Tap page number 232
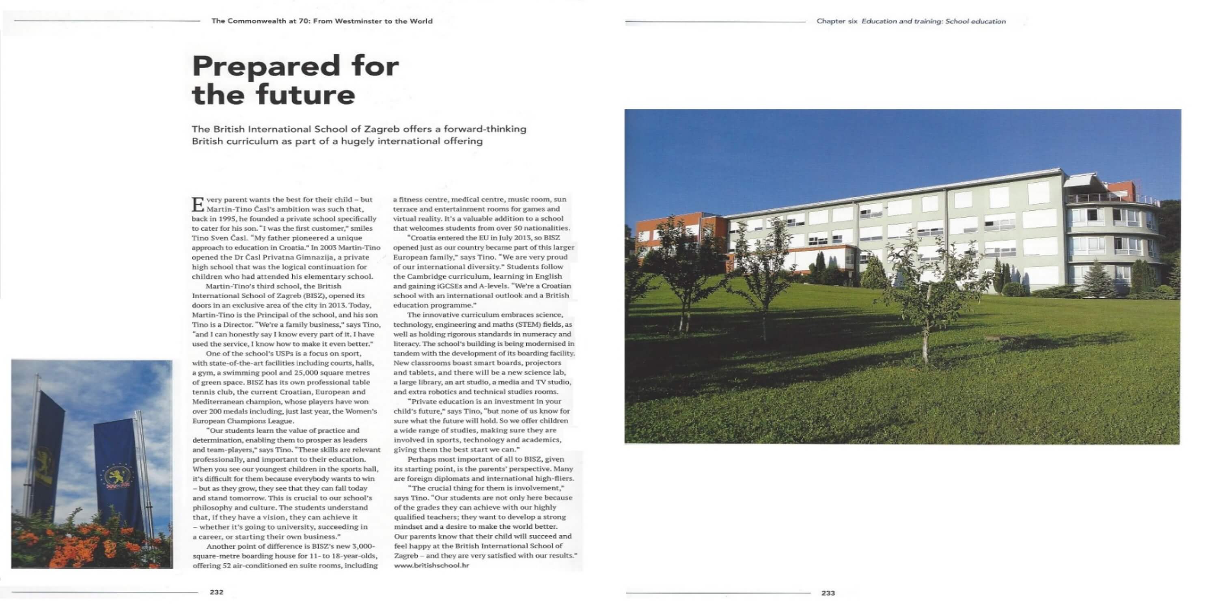(216, 592)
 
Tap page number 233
(828, 593)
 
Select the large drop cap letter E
(198, 205)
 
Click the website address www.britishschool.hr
(431, 565)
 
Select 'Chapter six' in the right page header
(836, 22)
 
